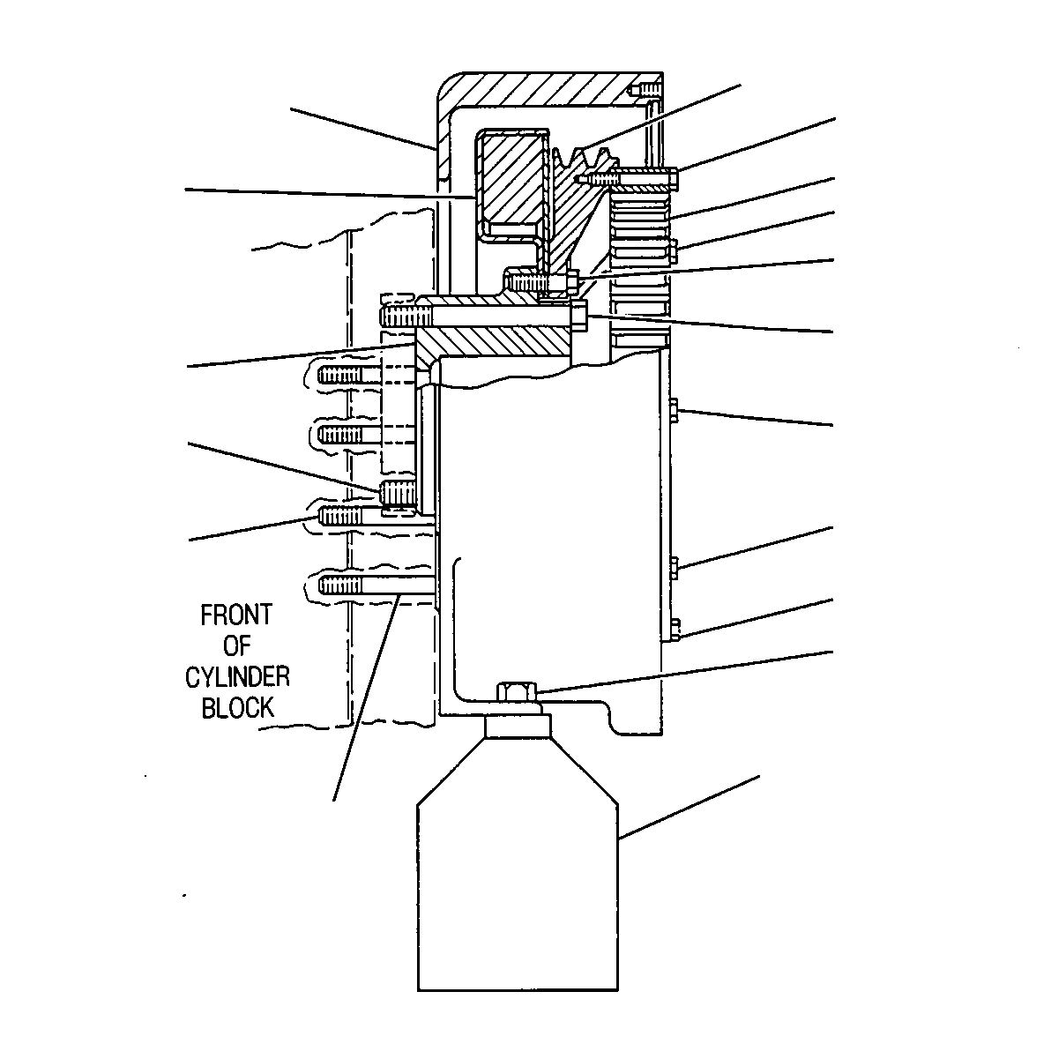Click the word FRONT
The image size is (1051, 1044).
(236, 615)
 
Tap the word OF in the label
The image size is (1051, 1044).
(237, 646)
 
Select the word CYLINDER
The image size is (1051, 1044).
(237, 677)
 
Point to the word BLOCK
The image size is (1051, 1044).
(238, 708)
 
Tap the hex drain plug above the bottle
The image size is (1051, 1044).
(518, 691)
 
